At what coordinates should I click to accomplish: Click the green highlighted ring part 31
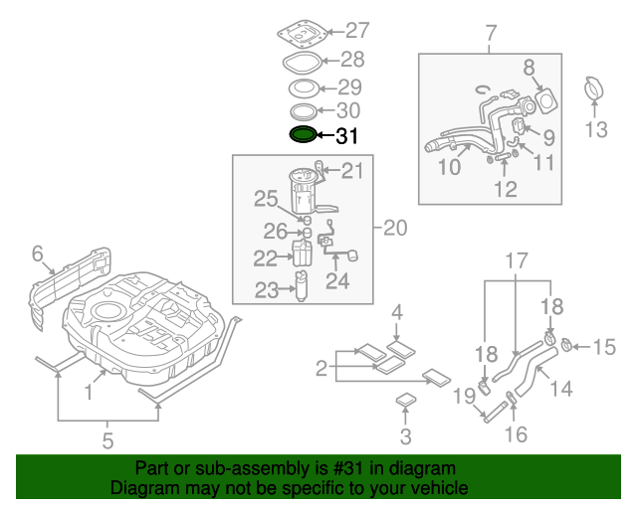[303, 134]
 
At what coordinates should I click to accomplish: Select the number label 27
[356, 30]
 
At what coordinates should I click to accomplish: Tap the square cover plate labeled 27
[302, 33]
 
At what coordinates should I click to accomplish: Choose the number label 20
[395, 229]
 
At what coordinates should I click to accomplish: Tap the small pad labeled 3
[406, 403]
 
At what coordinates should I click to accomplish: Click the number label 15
[605, 347]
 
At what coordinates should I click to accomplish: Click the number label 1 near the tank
[89, 392]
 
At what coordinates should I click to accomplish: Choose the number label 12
[507, 187]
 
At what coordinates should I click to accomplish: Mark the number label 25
[265, 199]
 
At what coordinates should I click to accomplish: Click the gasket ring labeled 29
[304, 88]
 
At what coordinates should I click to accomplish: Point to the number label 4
[396, 313]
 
